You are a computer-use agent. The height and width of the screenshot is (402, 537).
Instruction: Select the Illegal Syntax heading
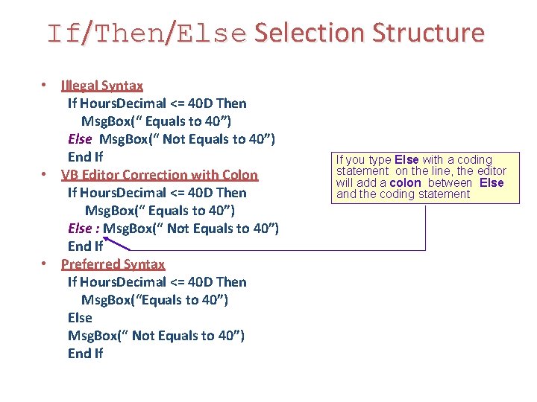point(102,86)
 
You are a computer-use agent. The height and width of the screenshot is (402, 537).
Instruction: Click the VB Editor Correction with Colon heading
point(159,175)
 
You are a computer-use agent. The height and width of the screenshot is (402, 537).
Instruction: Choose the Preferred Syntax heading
point(113,264)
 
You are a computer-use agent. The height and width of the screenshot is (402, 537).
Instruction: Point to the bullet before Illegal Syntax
point(45,84)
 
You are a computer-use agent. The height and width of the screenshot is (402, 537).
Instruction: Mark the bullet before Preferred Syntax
point(45,264)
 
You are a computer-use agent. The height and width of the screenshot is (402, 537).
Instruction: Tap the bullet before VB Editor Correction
point(45,174)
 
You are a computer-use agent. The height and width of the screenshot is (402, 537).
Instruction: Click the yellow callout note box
point(426,178)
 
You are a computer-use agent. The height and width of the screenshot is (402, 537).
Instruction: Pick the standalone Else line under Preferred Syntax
point(80,318)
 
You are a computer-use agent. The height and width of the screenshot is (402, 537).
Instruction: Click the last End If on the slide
point(85,354)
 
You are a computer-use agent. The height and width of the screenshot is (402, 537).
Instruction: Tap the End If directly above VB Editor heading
point(85,157)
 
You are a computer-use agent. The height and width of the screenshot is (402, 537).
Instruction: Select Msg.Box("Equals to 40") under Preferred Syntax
point(154,300)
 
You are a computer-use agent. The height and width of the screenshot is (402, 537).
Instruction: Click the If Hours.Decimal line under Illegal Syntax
point(157,103)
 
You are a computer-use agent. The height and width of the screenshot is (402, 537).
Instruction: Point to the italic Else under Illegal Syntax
point(80,139)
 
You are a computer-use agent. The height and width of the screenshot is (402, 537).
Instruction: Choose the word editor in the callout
point(492,171)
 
